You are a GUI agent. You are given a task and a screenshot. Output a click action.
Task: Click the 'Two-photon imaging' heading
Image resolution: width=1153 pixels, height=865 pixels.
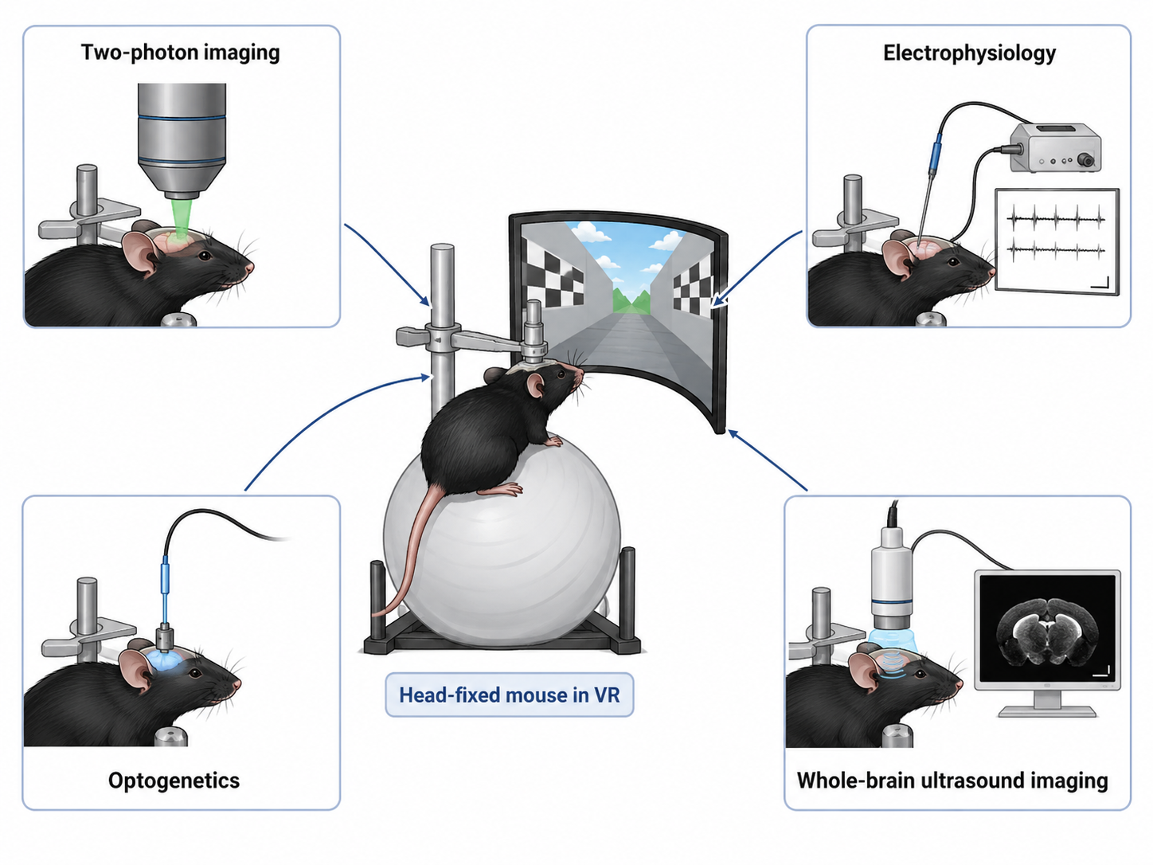point(180,53)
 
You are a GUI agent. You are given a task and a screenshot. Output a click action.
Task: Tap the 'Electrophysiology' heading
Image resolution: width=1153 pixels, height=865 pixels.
point(969,53)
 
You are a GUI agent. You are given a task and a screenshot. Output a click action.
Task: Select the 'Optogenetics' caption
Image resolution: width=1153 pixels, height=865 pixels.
point(174,781)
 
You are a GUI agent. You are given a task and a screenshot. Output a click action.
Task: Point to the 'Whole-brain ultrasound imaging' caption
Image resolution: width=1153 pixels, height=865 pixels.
point(952,781)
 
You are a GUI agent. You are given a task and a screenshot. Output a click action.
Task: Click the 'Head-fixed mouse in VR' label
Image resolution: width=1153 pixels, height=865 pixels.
point(509,695)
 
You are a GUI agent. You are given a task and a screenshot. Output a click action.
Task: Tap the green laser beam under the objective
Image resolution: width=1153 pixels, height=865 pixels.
point(182,218)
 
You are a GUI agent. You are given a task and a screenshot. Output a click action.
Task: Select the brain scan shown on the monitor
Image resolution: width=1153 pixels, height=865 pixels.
point(1048,637)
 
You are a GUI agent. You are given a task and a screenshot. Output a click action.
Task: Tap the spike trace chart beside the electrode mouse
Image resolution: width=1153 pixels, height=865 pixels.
point(1057,241)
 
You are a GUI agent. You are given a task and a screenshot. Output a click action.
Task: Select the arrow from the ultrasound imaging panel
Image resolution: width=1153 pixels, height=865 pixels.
point(768,460)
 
